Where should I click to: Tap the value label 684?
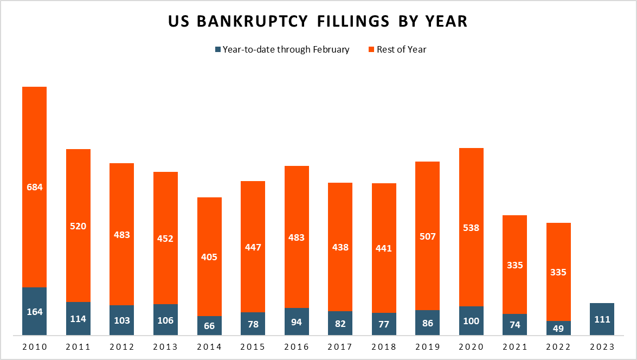pyautogui.click(x=34, y=187)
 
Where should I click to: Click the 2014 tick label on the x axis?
pyautogui.click(x=209, y=347)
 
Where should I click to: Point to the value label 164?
pyautogui.click(x=34, y=312)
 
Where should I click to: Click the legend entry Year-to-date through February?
pyautogui.click(x=282, y=49)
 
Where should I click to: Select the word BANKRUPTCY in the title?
pyautogui.click(x=254, y=21)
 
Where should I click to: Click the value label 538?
pyautogui.click(x=471, y=228)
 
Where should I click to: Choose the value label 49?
pyautogui.click(x=558, y=328)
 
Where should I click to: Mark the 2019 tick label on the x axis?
pyautogui.click(x=427, y=347)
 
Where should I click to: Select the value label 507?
pyautogui.click(x=427, y=236)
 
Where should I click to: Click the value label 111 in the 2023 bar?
pyautogui.click(x=602, y=319)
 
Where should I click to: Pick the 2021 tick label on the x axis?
pyautogui.click(x=514, y=347)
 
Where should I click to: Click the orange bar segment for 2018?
pyautogui.click(x=384, y=217)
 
